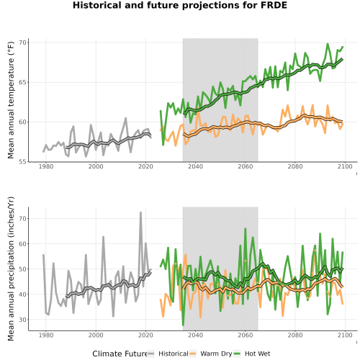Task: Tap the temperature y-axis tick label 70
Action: pyautogui.click(x=22, y=42)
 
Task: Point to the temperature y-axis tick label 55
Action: pyautogui.click(x=22, y=162)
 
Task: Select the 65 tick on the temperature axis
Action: pyautogui.click(x=22, y=82)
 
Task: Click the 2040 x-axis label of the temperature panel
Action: pyautogui.click(x=195, y=166)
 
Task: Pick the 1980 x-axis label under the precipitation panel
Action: pyautogui.click(x=46, y=335)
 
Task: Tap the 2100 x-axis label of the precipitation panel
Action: pyautogui.click(x=345, y=335)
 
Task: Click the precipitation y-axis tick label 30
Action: pyautogui.click(x=22, y=320)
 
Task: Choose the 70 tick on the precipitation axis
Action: pyautogui.click(x=22, y=219)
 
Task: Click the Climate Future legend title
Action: pyautogui.click(x=120, y=354)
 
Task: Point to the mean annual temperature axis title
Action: pyautogui.click(x=11, y=100)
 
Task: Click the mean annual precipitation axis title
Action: pyautogui.click(x=11, y=269)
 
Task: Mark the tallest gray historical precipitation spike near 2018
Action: pyautogui.click(x=140, y=212)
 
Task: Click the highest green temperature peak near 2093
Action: pyautogui.click(x=328, y=44)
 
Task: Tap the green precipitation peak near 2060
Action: pyautogui.click(x=245, y=229)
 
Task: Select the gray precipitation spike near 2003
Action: pyautogui.click(x=103, y=237)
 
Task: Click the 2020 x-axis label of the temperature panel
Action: pyautogui.click(x=145, y=166)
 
